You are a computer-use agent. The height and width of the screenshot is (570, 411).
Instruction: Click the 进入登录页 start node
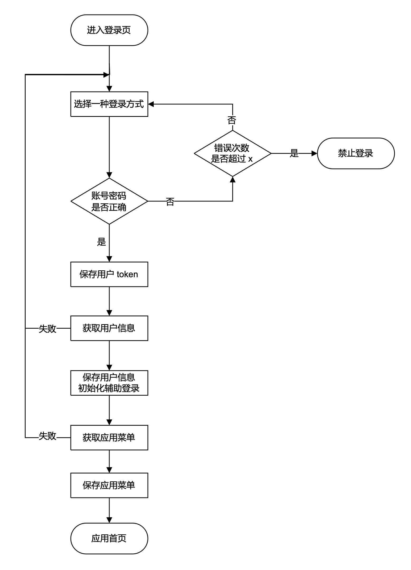click(x=109, y=30)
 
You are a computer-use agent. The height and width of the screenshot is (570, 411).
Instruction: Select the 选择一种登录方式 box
click(x=109, y=104)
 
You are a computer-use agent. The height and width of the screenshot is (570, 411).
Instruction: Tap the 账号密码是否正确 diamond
click(x=109, y=201)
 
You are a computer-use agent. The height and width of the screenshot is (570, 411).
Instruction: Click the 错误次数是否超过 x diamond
click(x=232, y=153)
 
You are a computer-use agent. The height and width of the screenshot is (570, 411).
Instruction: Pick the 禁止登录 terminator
click(x=356, y=153)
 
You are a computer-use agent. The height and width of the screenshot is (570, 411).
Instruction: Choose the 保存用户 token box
click(x=109, y=274)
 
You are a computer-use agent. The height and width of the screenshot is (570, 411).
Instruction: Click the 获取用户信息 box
click(x=109, y=328)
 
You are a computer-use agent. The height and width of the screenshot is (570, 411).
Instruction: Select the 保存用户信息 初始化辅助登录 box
click(x=109, y=383)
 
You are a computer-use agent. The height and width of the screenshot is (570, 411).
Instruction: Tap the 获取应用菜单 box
click(x=109, y=438)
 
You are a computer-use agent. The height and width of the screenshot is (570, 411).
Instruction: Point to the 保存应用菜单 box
click(x=109, y=485)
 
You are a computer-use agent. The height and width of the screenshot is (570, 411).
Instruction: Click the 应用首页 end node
click(x=109, y=538)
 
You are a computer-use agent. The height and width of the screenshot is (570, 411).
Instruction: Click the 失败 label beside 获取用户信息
click(x=48, y=329)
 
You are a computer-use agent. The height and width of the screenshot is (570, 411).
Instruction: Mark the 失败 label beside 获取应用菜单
click(x=48, y=436)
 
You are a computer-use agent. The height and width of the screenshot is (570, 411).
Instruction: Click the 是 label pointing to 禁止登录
click(x=294, y=153)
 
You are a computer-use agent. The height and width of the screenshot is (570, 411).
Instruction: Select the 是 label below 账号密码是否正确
click(x=101, y=242)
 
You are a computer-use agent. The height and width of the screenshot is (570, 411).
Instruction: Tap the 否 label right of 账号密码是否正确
click(x=170, y=202)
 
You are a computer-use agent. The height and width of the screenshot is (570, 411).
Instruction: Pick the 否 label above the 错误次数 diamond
click(x=232, y=120)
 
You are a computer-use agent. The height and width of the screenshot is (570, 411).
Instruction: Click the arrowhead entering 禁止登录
click(x=314, y=153)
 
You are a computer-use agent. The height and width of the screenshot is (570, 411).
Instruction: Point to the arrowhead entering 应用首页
click(x=109, y=520)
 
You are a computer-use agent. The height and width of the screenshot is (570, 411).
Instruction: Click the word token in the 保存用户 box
click(x=127, y=274)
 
